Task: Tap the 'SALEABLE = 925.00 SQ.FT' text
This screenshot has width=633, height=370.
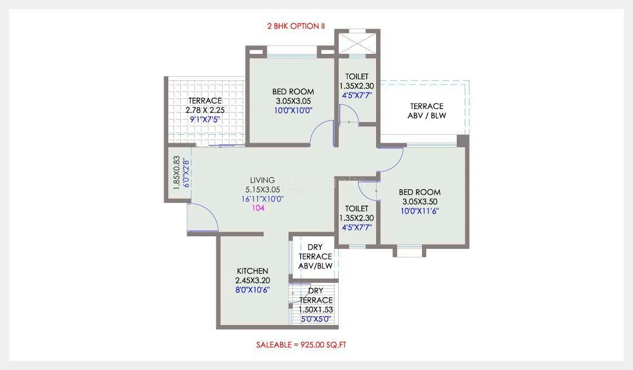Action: pyautogui.click(x=301, y=345)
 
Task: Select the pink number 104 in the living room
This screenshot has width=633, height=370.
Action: pyautogui.click(x=258, y=208)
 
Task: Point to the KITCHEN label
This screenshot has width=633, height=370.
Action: pyautogui.click(x=252, y=271)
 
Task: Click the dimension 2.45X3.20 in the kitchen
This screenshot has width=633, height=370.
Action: pyautogui.click(x=252, y=281)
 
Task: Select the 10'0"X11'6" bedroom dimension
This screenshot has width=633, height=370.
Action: pyautogui.click(x=419, y=211)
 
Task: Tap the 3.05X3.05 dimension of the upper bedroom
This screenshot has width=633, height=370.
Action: pyautogui.click(x=293, y=101)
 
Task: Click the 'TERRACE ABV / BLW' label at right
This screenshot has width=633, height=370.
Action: pyautogui.click(x=426, y=110)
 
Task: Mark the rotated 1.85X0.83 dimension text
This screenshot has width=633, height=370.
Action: pyautogui.click(x=177, y=172)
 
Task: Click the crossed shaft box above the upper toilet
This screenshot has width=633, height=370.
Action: pyautogui.click(x=357, y=42)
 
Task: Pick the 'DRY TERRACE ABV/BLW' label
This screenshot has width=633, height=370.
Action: pyautogui.click(x=315, y=256)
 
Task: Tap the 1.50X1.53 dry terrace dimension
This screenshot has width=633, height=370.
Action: pyautogui.click(x=315, y=310)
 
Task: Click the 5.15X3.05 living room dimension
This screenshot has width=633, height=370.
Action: pyautogui.click(x=262, y=189)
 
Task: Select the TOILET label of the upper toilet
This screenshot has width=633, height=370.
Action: pyautogui.click(x=357, y=77)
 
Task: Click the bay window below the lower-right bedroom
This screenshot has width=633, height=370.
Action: pyautogui.click(x=409, y=251)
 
